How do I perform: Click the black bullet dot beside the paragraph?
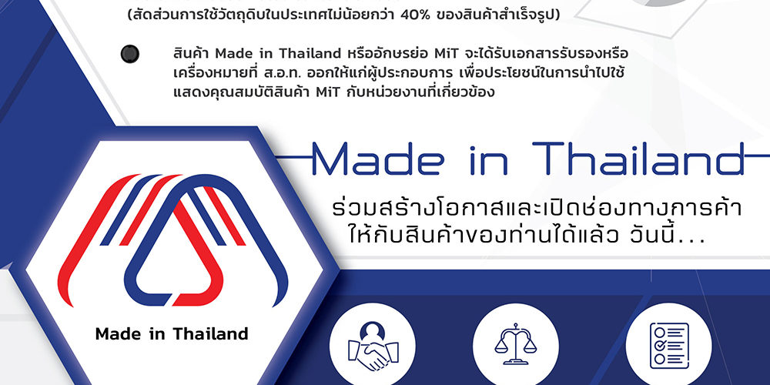point(129,53)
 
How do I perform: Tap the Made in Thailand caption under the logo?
point(172,334)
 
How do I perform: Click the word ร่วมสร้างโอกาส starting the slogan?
point(393,209)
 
